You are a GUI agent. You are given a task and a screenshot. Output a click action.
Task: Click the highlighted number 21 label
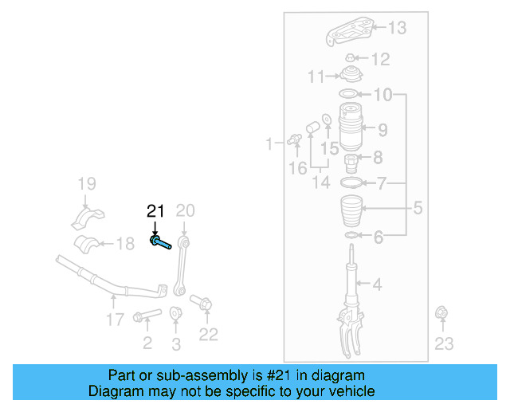155,212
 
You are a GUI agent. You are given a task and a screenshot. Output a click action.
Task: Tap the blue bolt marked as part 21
159,242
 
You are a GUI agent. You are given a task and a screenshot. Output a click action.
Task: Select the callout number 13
396,28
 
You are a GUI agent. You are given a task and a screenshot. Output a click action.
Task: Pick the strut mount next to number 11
350,77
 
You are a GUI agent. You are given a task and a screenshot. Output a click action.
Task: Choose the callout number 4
377,284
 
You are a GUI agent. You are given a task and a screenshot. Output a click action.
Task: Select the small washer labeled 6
350,237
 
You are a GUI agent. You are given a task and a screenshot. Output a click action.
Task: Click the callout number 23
444,343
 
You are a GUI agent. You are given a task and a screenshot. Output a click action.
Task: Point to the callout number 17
115,320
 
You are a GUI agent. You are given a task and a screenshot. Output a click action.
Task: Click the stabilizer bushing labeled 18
88,243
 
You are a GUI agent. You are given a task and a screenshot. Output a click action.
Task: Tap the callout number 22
208,335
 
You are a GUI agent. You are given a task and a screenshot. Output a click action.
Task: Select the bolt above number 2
147,316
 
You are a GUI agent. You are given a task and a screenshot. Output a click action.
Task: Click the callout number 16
298,168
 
